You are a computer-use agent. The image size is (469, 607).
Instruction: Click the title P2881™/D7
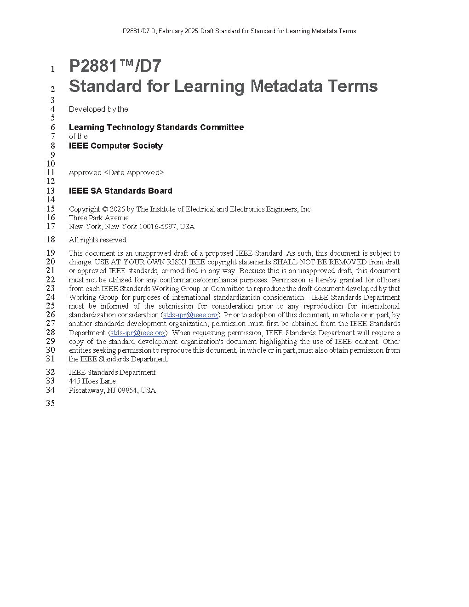click(x=115, y=66)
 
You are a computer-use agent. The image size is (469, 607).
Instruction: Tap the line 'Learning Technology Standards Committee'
click(x=156, y=127)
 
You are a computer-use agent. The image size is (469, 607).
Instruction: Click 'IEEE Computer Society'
click(x=116, y=146)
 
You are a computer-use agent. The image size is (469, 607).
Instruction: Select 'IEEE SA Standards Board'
click(x=120, y=191)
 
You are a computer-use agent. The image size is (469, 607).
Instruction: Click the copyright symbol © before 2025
click(x=105, y=209)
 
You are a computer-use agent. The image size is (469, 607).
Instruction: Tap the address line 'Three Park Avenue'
click(x=99, y=218)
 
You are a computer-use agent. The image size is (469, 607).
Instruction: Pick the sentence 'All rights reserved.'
click(x=98, y=240)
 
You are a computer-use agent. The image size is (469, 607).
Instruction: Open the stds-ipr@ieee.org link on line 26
click(x=190, y=315)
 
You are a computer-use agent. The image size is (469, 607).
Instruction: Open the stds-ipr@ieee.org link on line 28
click(x=137, y=333)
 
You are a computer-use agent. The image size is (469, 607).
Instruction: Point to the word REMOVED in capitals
click(x=348, y=262)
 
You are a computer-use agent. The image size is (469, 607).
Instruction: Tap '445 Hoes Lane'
click(x=92, y=381)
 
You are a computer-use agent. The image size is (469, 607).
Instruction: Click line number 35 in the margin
click(x=50, y=403)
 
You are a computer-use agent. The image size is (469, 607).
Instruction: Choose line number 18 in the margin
click(x=50, y=240)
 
